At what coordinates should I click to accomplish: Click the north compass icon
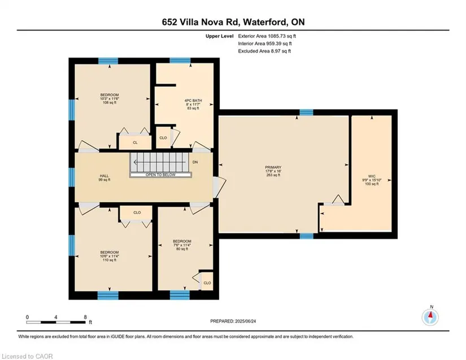[x=430, y=317]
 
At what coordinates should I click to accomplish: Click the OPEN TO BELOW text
[x=160, y=175]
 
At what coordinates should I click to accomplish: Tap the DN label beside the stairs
[x=195, y=162]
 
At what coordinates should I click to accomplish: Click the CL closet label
[x=135, y=142]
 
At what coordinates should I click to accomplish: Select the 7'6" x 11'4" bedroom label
[x=182, y=245]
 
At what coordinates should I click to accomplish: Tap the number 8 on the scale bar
[x=85, y=317]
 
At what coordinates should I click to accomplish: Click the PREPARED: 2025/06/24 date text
[x=233, y=321]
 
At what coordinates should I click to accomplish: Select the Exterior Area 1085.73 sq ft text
[x=267, y=36]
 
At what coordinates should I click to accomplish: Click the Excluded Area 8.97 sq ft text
[x=264, y=51]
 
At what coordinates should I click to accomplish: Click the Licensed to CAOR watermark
[x=27, y=356]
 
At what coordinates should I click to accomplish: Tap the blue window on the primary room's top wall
[x=306, y=112]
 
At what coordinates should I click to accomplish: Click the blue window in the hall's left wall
[x=72, y=177]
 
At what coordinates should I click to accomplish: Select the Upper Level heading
[x=219, y=36]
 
